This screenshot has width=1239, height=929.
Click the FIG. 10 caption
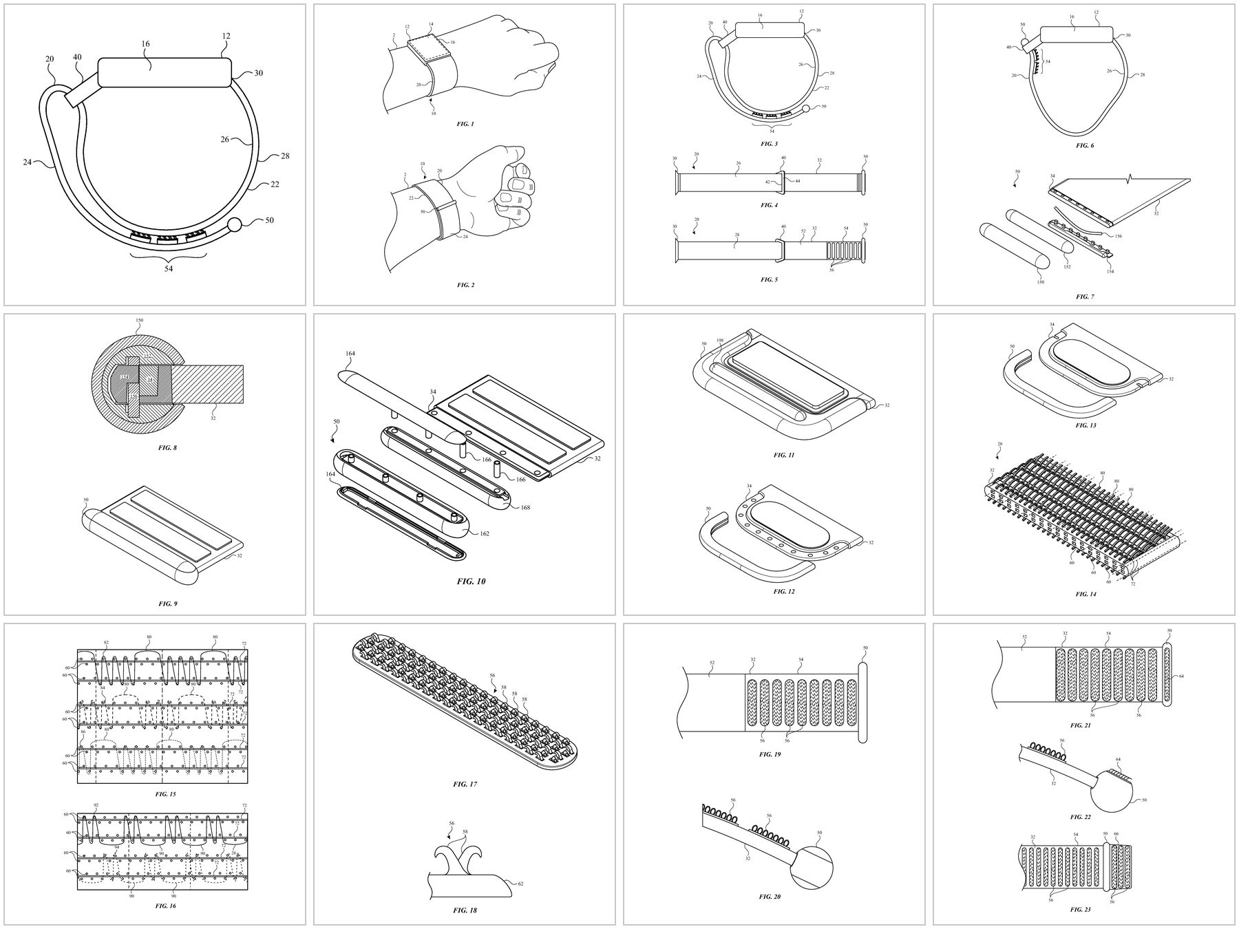click(472, 581)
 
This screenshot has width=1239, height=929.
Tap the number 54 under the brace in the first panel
click(169, 268)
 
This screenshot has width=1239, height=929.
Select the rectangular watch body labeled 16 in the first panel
click(164, 72)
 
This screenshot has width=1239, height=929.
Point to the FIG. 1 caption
click(465, 124)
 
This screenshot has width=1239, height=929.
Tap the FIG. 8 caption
click(167, 447)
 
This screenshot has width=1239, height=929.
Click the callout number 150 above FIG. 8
click(139, 321)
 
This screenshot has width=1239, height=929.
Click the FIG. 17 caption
click(465, 784)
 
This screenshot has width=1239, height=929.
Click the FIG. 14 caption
click(1086, 593)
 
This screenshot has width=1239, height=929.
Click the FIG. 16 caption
click(166, 906)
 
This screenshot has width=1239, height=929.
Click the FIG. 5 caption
click(770, 279)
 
